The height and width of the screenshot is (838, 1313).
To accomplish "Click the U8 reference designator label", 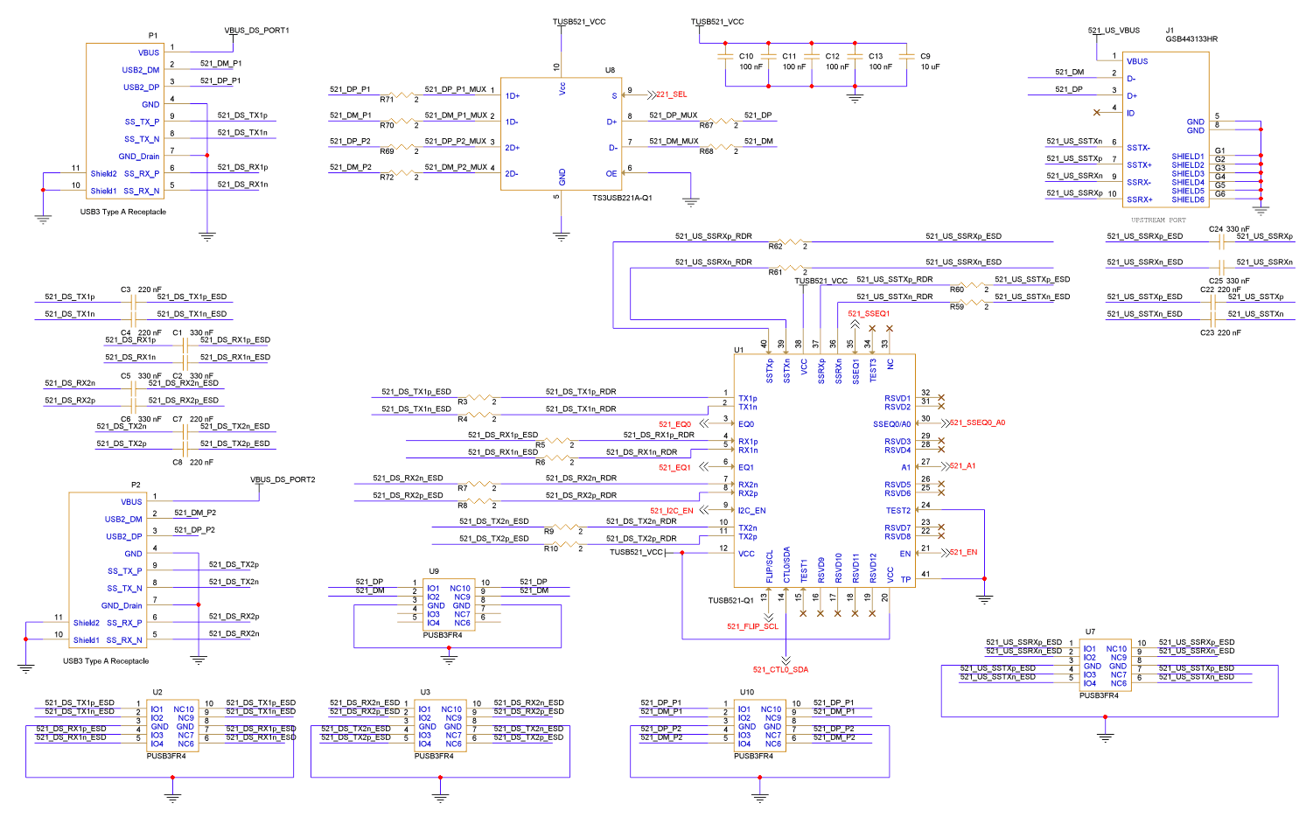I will click(610, 70).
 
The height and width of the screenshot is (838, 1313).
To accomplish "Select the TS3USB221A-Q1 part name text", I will click(622, 198).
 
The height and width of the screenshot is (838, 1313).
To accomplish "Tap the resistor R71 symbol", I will click(402, 95).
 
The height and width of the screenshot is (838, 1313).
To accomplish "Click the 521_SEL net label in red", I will click(672, 94).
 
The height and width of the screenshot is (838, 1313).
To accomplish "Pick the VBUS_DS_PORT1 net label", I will click(256, 31).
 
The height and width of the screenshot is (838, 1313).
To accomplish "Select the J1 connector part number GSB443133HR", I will click(1191, 39).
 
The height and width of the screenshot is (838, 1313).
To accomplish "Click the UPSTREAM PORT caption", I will click(1158, 220).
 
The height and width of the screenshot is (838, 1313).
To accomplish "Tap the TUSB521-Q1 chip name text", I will click(730, 601).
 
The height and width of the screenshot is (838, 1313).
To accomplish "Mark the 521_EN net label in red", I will click(963, 552).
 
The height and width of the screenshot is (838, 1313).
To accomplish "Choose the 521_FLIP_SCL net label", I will click(752, 626).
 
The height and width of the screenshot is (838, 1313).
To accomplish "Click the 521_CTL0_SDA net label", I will click(780, 670).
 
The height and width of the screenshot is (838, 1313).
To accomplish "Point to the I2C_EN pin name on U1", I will click(751, 511).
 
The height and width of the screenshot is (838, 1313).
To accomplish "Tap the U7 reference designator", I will click(1090, 632).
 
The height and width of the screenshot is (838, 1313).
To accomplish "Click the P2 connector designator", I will click(136, 485).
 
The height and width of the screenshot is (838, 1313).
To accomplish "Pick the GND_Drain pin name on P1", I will click(139, 157).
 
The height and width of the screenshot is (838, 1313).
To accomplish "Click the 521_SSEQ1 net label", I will click(869, 313).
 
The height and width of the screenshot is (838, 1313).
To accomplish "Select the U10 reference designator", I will click(746, 692).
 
